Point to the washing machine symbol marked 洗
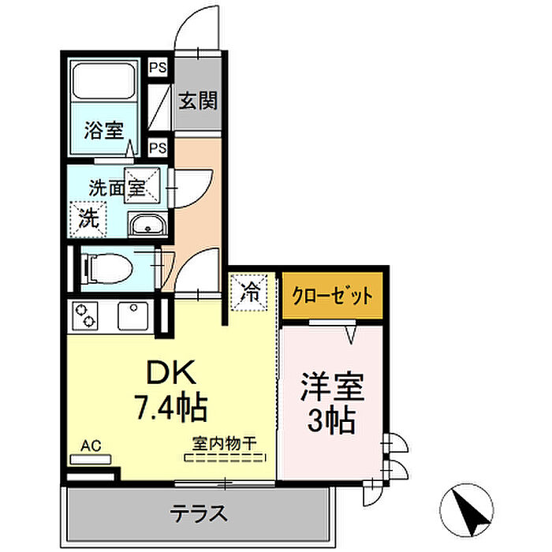(88, 218)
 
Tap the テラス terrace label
(199, 514)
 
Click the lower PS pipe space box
(158, 147)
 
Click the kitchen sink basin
(132, 316)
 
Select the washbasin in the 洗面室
(147, 227)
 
